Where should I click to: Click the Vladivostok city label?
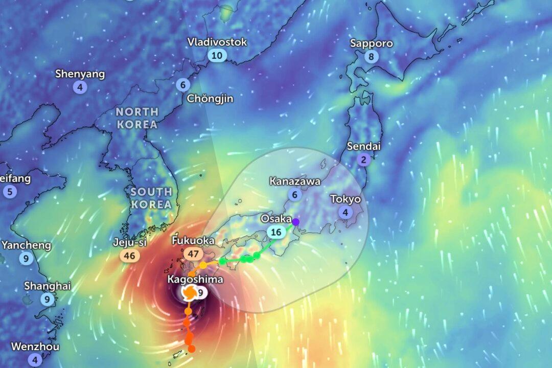click(x=217, y=42)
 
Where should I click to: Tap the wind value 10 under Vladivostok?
click(x=217, y=56)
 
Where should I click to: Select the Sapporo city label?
click(x=372, y=43)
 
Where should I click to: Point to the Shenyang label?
click(x=80, y=74)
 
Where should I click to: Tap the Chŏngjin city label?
click(x=210, y=99)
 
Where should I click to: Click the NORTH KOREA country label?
click(x=136, y=118)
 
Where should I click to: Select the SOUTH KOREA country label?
click(x=151, y=198)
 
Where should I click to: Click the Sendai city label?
click(x=364, y=146)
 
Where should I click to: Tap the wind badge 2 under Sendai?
click(x=364, y=160)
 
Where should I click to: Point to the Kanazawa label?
click(x=295, y=181)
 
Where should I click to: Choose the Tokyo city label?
click(x=345, y=199)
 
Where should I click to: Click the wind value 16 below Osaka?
click(x=277, y=233)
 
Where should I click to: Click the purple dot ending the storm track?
click(x=295, y=222)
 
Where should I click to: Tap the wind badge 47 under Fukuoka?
click(x=194, y=254)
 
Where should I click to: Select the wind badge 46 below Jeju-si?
click(x=130, y=256)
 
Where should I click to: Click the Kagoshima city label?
click(x=195, y=280)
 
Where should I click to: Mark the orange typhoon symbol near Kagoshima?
click(x=189, y=293)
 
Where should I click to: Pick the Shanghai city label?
click(x=47, y=286)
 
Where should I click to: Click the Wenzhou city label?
click(x=35, y=347)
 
